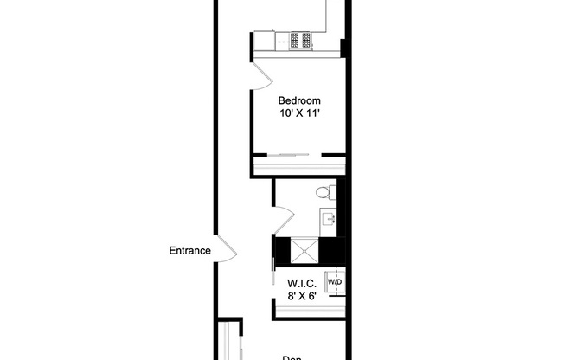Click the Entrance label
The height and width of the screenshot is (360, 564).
190,252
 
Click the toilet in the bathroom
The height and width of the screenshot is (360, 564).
324,192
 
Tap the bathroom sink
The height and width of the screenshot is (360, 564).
329,218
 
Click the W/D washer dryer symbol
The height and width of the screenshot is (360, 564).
333,282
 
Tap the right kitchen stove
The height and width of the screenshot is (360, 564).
305,40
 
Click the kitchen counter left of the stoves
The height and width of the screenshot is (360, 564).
264,40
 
